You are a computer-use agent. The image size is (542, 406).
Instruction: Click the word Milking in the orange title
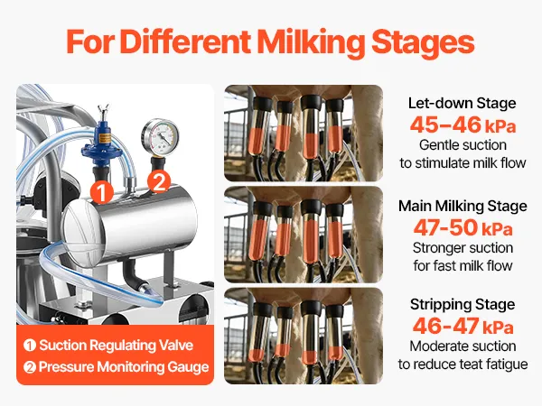click(x=311, y=42)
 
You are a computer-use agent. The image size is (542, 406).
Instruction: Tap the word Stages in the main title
click(x=423, y=43)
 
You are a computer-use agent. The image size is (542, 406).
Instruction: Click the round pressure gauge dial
click(x=160, y=136)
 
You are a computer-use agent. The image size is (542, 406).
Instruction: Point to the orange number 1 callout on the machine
click(x=101, y=192)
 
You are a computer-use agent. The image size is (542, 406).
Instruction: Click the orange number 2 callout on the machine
click(x=159, y=181)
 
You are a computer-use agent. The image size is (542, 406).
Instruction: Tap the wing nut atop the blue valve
click(x=103, y=110)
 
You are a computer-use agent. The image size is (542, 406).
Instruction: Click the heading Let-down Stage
click(x=463, y=104)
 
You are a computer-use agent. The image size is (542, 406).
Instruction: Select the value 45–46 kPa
click(x=463, y=125)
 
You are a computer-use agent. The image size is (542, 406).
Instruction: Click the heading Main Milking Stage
click(x=463, y=206)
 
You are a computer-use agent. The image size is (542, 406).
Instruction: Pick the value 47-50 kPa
click(x=463, y=227)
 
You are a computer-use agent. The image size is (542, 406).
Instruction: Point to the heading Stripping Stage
click(x=463, y=305)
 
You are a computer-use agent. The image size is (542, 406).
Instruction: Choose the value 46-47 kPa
click(x=463, y=326)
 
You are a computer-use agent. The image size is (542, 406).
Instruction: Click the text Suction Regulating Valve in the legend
click(x=117, y=346)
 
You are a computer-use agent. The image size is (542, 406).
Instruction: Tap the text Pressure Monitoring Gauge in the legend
click(x=124, y=367)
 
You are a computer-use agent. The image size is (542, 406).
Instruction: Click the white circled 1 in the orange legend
click(x=30, y=346)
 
